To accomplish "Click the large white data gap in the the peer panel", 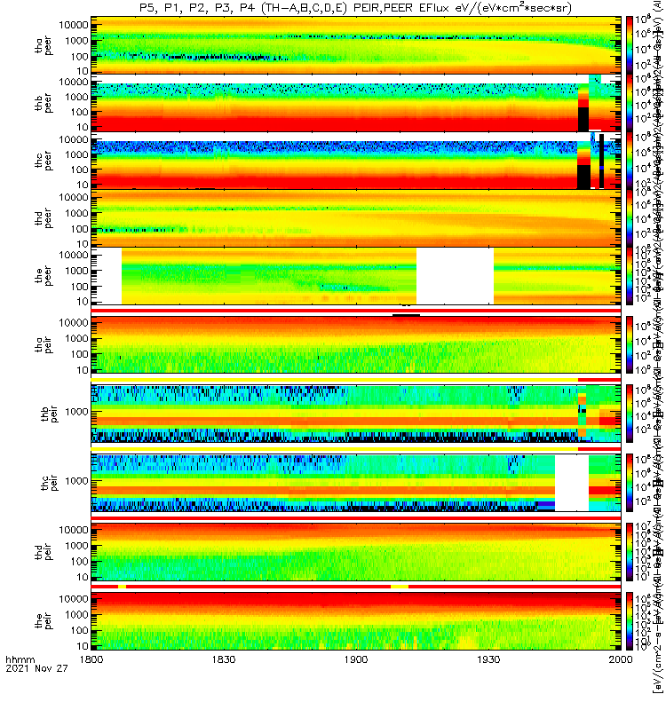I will [x=455, y=276].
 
